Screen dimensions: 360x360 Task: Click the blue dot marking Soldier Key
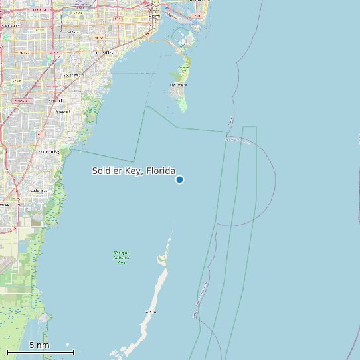179,180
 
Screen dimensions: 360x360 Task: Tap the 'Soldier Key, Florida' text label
134,171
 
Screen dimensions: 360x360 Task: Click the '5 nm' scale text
39,345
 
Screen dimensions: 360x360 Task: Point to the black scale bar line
40,352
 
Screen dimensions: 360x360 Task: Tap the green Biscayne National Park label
121,257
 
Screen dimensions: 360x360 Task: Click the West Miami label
70,32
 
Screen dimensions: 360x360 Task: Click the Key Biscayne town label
178,85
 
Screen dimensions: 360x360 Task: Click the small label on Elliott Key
151,311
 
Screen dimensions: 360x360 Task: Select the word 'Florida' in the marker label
157,171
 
